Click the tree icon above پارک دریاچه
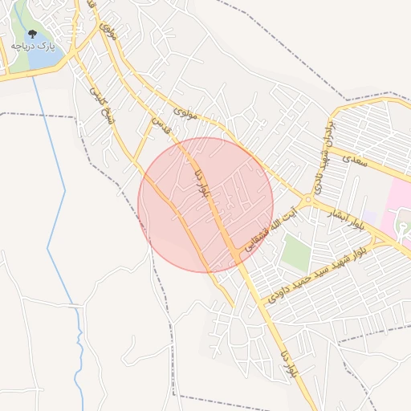(x=32, y=35)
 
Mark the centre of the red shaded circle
(x=205, y=205)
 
